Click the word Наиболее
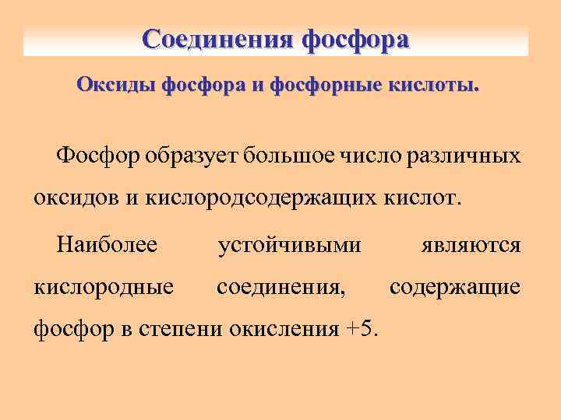pos(107,246)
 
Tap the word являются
pos(471,246)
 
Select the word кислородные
pos(104,287)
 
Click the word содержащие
pos(455,287)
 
